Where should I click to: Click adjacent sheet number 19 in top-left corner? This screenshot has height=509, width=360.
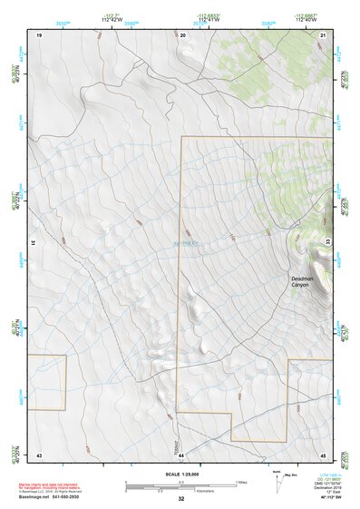coord(39,34)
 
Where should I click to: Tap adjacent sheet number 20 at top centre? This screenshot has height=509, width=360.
coord(182,34)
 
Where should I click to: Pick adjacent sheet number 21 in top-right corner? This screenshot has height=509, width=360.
coord(323,34)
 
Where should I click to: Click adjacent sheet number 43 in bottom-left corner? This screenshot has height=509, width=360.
coord(39,454)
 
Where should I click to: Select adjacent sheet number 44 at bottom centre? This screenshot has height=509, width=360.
coord(181,454)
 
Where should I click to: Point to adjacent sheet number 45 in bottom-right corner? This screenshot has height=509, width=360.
coord(323,454)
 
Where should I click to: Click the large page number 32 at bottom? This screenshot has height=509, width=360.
coord(181,499)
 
